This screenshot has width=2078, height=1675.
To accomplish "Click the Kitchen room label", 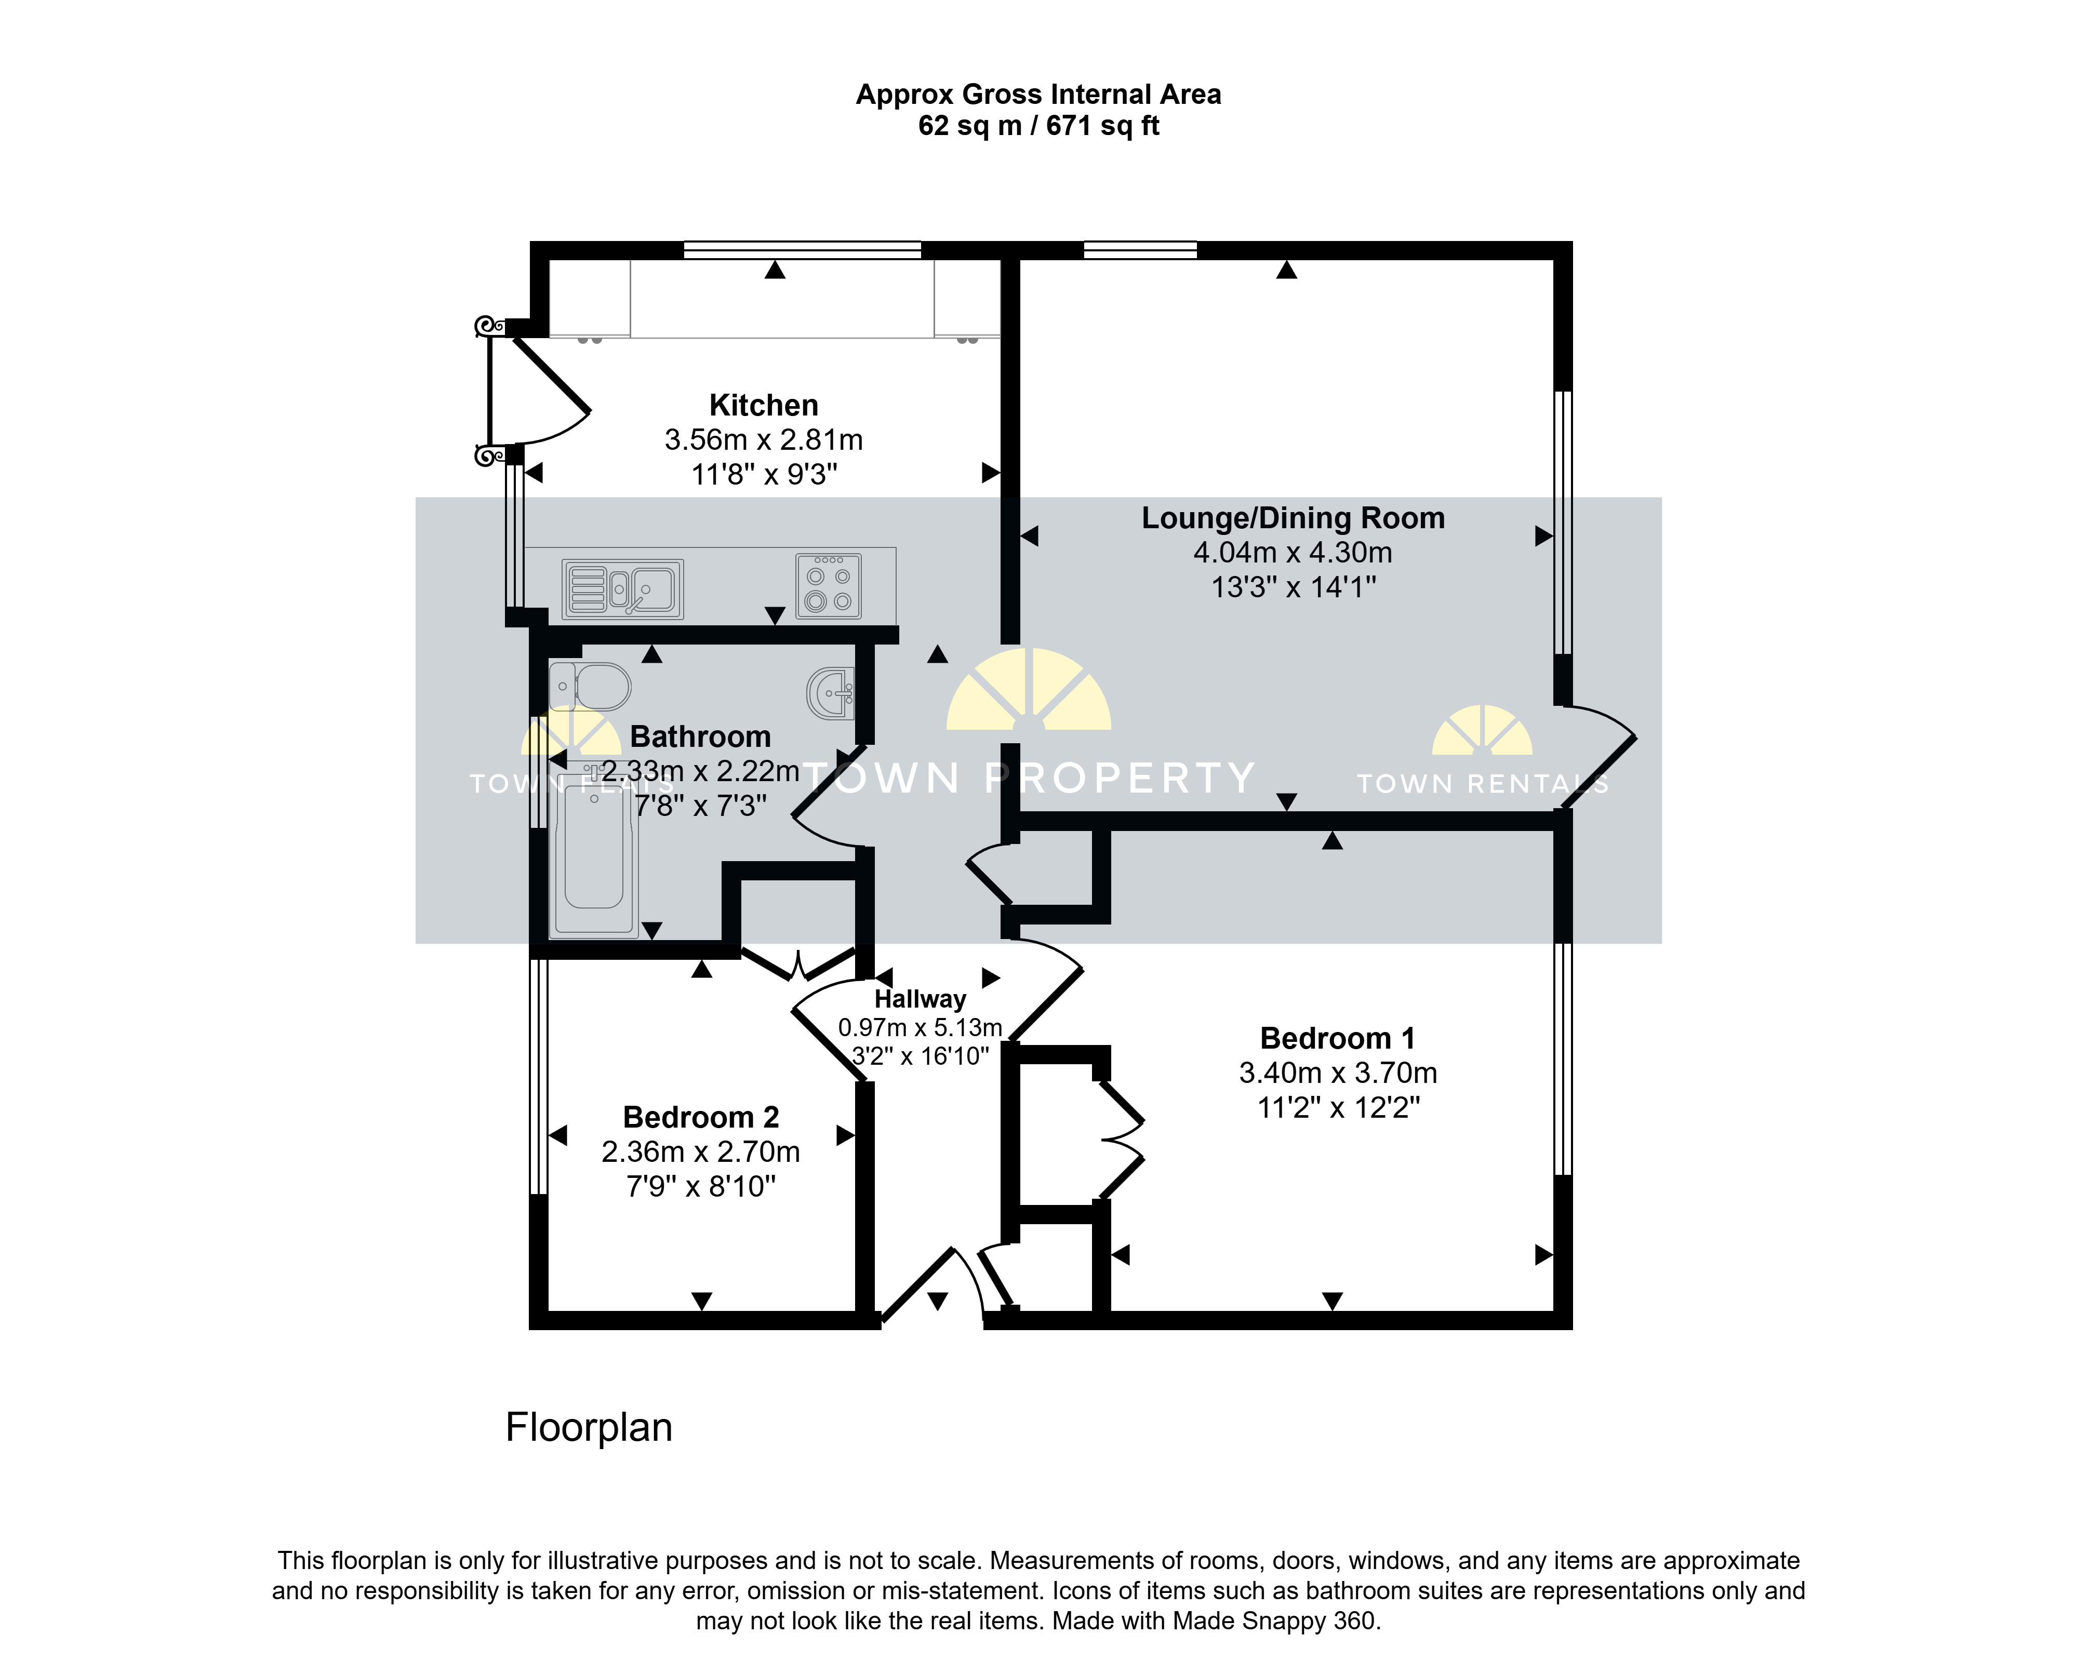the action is (x=764, y=405).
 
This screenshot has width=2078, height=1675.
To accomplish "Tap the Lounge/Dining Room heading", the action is (x=1294, y=518).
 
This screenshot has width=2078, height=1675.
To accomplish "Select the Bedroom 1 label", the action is (x=1338, y=1038).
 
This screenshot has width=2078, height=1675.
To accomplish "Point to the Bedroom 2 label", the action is (x=701, y=1117).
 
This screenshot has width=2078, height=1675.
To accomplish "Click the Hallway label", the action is (x=920, y=999).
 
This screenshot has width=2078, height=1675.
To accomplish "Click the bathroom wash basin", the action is (x=830, y=693).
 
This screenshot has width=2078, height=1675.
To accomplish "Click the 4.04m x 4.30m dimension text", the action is (x=1294, y=553).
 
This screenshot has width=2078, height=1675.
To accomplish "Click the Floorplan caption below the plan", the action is (x=589, y=1428).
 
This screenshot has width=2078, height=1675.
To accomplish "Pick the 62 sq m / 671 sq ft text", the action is (x=1038, y=126).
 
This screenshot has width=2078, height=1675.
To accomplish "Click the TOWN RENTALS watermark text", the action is (x=1483, y=783).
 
